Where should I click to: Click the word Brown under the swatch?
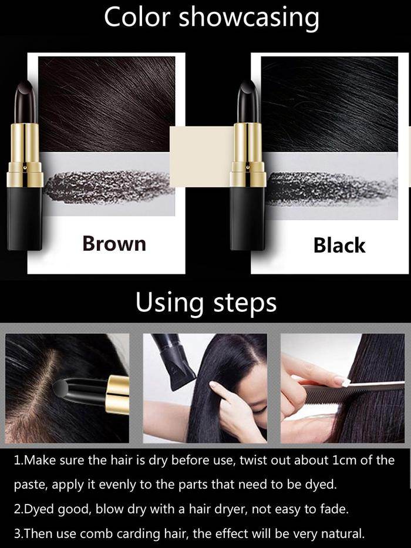[x=114, y=243]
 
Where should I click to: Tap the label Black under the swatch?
[x=339, y=245]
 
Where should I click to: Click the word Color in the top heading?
[x=137, y=17]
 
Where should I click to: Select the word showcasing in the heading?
[x=249, y=18]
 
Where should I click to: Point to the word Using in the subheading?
[x=170, y=302]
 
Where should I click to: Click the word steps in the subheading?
[x=245, y=303]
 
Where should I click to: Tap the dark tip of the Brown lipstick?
[x=25, y=102]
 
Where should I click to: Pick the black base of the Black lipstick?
[x=247, y=218]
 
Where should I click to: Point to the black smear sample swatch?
[x=331, y=189]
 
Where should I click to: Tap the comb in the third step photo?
[x=353, y=393]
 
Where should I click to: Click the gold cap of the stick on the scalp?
[x=118, y=395]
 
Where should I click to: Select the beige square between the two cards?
[x=202, y=157]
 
